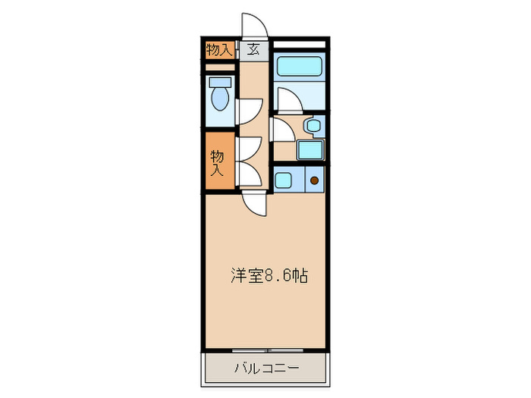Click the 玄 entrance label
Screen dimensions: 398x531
pos(253,51)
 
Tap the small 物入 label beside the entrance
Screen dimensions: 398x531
pos(218,51)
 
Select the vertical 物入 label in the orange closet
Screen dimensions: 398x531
pos(218,163)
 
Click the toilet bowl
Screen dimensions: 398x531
pos(220,98)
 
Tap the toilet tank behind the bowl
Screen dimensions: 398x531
pos(220,81)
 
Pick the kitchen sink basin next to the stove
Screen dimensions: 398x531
pos(284,180)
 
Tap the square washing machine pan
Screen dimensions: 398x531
pos(309,149)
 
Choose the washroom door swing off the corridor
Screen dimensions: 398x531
pos(281,130)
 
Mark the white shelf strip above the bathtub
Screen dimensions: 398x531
pos(300,45)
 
